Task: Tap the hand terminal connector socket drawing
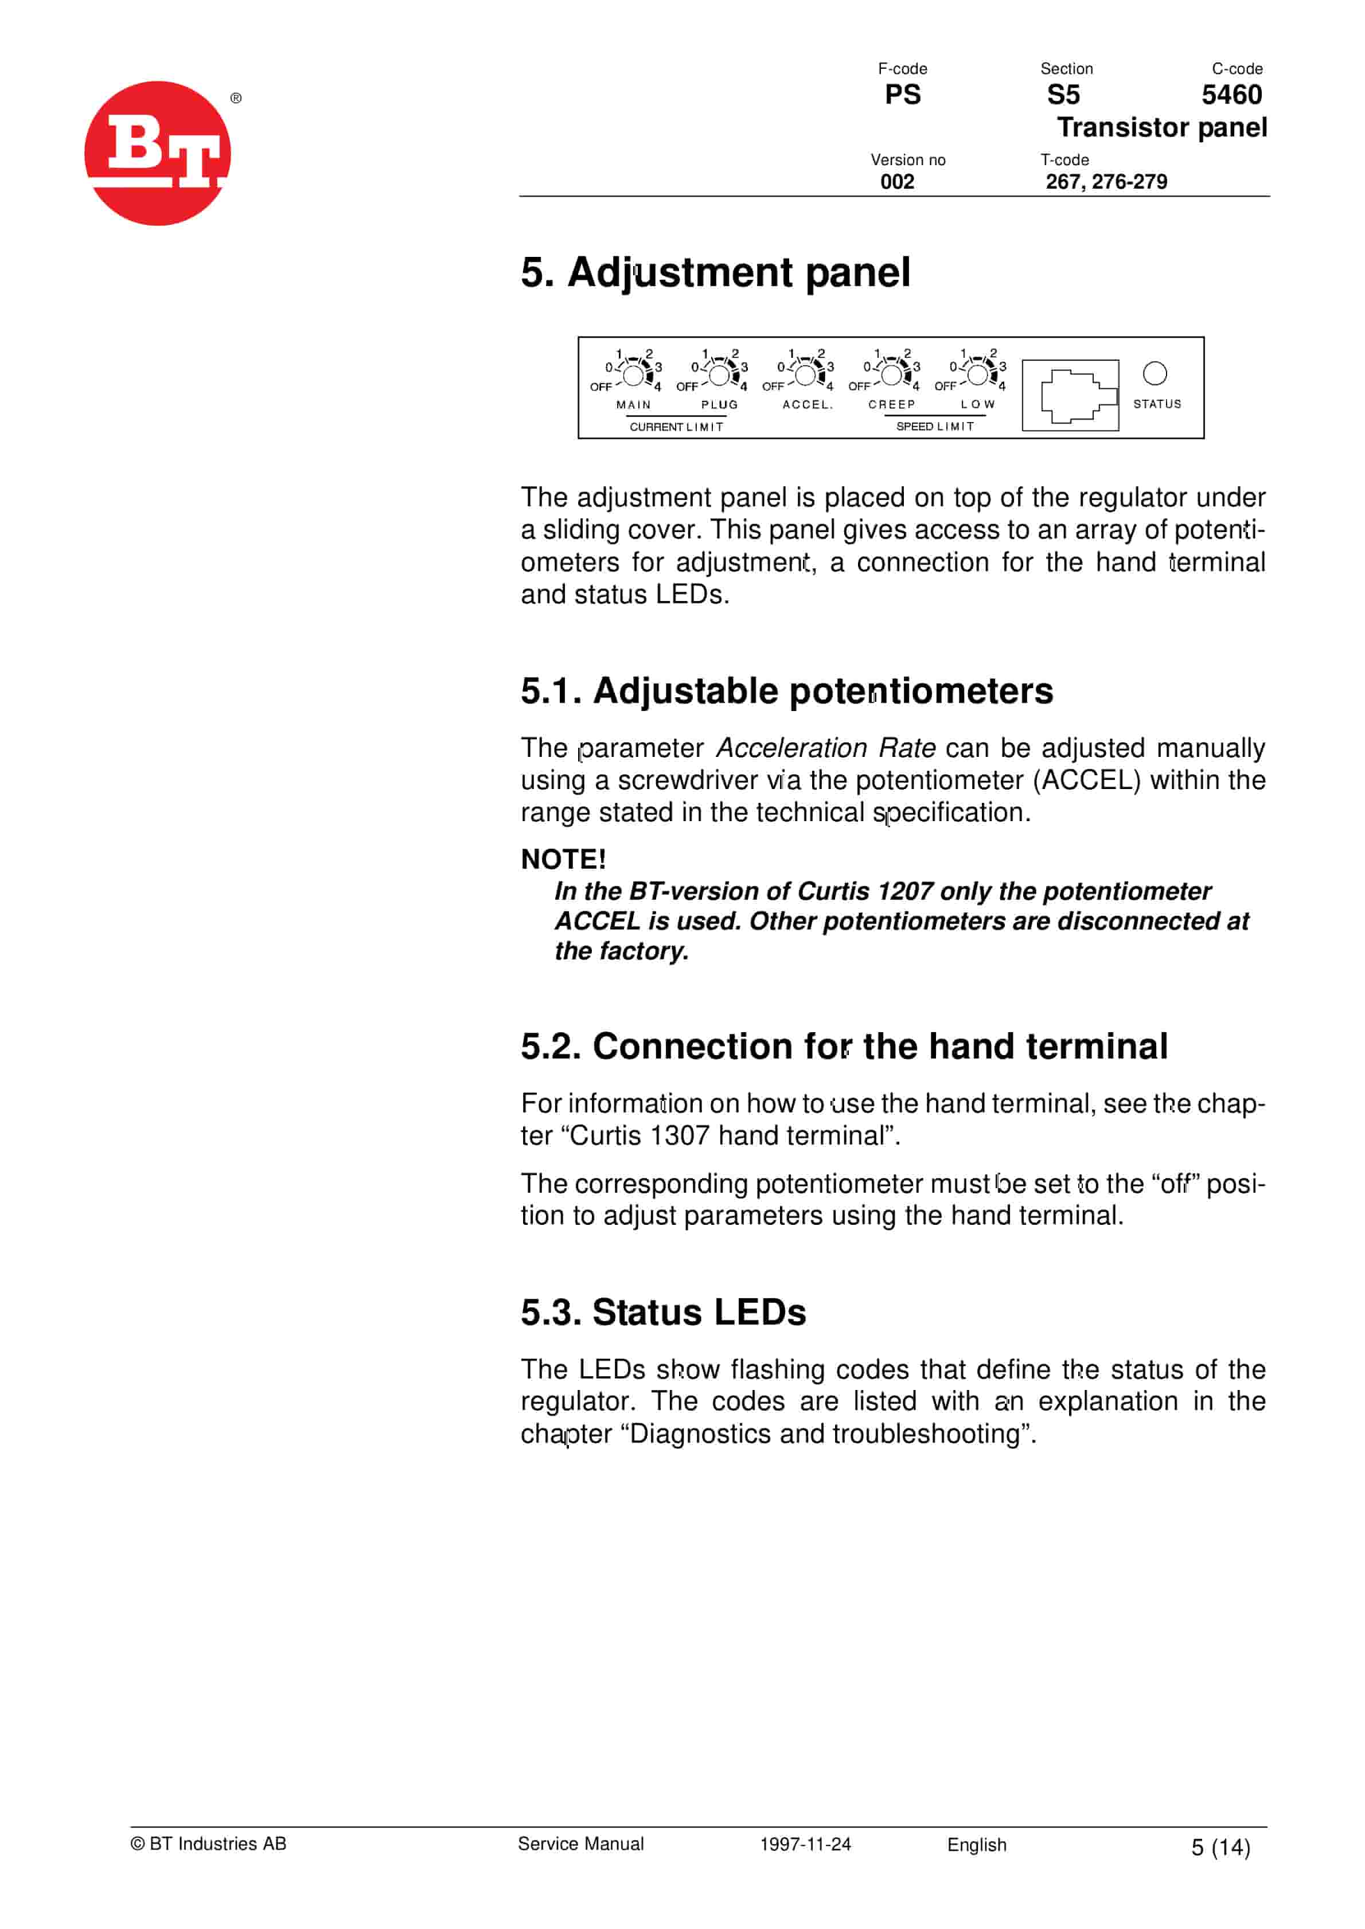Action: coord(1070,395)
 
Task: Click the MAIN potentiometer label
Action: coord(633,405)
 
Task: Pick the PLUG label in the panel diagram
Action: coord(719,405)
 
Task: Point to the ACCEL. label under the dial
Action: coord(807,405)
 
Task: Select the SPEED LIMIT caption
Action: coord(935,427)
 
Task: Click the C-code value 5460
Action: coord(1231,95)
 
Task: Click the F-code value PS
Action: coord(903,95)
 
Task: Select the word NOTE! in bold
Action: coord(563,860)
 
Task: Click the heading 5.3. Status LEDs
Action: coord(663,1313)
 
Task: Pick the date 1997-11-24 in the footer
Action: coord(805,1844)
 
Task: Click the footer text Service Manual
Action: coord(581,1844)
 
